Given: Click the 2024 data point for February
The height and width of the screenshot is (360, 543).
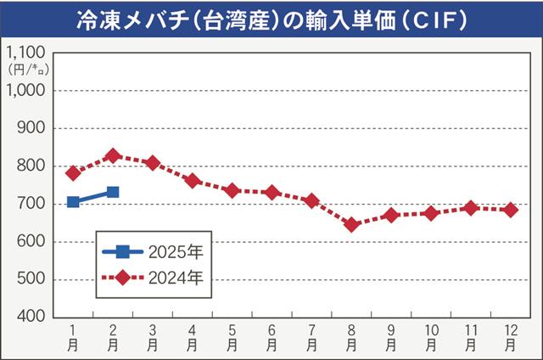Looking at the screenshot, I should (113, 156).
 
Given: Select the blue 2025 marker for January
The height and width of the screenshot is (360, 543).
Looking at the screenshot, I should (73, 202).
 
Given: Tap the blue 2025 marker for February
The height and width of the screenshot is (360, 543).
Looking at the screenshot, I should (113, 193).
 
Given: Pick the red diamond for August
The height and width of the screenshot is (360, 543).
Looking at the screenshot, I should (351, 225).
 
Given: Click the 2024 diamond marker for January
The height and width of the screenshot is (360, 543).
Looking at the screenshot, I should (73, 173).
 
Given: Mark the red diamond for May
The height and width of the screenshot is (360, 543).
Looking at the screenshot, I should (232, 191).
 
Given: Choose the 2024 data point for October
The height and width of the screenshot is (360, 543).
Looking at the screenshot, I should (431, 213).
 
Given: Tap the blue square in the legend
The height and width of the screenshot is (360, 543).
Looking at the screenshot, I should (122, 251).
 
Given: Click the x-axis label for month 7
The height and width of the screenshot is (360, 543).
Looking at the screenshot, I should (311, 338).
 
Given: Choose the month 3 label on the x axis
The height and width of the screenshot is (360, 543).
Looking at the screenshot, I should (153, 338).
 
